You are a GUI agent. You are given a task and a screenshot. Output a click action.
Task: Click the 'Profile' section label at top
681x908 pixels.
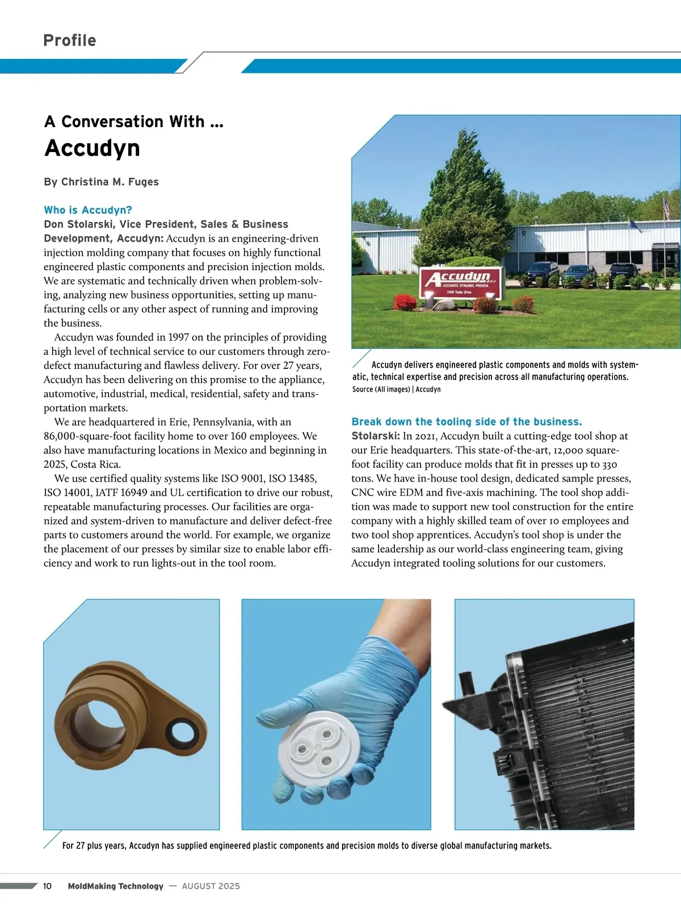point(70,40)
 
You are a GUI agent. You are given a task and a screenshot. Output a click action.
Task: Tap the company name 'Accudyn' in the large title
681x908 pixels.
point(92,148)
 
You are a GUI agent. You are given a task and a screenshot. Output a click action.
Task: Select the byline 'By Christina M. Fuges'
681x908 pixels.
point(101,182)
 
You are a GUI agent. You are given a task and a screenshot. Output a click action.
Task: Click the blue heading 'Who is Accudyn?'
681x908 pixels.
point(88,210)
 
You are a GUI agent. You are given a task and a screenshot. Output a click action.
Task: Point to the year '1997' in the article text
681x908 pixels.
point(178,337)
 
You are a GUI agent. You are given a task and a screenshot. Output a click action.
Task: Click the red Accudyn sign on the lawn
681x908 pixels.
point(461,283)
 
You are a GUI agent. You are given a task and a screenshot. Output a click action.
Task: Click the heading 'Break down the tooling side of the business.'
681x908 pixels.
point(466,422)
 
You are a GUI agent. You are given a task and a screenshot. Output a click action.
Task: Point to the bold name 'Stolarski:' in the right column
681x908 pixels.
point(376,436)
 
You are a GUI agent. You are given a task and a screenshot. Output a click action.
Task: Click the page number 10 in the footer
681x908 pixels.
point(47,886)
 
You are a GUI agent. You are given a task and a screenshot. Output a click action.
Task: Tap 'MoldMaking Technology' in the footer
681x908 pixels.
point(115,886)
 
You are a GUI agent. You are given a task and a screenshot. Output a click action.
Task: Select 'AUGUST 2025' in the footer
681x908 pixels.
point(211,886)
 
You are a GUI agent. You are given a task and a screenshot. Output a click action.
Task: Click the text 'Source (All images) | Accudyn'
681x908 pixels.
point(396,389)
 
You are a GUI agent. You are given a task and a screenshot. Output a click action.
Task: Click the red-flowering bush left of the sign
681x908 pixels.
point(405,302)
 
